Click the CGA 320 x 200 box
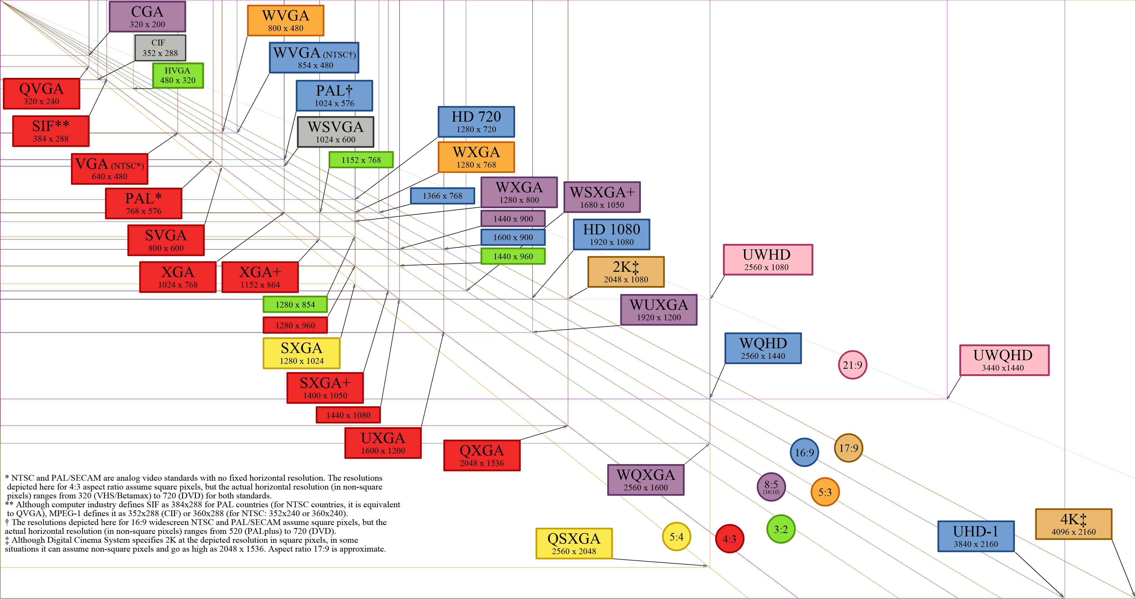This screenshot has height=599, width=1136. (x=147, y=17)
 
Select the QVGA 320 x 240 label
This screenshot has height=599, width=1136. (x=42, y=93)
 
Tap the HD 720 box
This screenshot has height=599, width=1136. (x=476, y=122)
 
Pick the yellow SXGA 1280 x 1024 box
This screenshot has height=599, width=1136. (x=302, y=353)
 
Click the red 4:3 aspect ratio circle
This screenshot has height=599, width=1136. (x=729, y=539)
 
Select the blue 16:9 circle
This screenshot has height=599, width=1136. (x=804, y=452)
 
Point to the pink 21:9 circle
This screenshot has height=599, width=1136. (x=852, y=365)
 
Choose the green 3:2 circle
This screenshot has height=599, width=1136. (x=781, y=529)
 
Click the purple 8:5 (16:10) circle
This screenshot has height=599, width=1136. (x=771, y=487)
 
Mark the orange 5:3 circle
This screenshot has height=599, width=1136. (x=825, y=492)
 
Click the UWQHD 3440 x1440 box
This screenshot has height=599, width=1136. (x=1004, y=360)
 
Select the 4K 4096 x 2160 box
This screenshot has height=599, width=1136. (x=1073, y=524)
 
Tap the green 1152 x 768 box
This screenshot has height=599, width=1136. (x=361, y=160)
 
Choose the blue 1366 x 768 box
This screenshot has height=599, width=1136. (x=442, y=196)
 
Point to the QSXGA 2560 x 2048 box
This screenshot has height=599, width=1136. (x=574, y=544)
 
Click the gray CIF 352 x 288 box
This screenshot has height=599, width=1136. (x=160, y=48)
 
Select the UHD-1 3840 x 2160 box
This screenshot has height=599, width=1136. (x=976, y=536)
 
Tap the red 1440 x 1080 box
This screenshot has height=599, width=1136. (x=348, y=415)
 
